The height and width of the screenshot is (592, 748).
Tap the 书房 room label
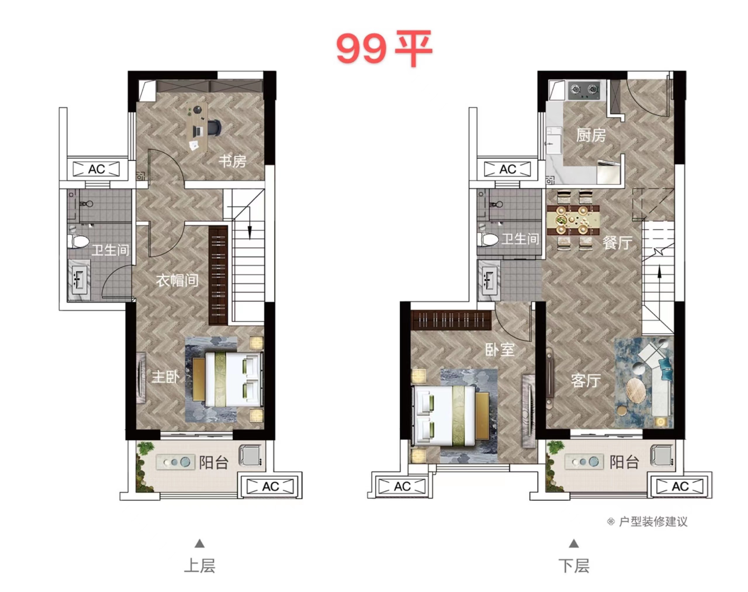point(232,161)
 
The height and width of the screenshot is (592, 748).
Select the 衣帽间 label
point(177,280)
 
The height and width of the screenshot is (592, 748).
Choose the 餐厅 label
point(617,243)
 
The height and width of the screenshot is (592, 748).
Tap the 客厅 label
point(586,380)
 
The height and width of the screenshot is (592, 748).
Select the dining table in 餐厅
point(573,220)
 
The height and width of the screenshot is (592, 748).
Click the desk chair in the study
point(214,127)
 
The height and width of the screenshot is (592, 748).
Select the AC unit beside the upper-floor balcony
point(270,486)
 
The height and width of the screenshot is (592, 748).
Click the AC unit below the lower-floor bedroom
point(402,486)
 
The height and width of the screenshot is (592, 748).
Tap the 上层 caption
point(200,566)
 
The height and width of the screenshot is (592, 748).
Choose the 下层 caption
point(574,566)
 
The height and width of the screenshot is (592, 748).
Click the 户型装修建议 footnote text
point(653,522)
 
